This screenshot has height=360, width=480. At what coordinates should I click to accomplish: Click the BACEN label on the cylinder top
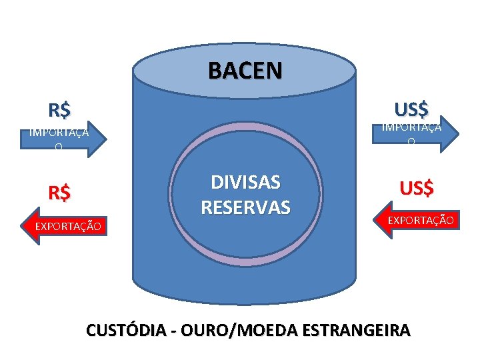pos(245,69)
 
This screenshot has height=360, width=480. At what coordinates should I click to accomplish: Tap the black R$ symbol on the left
pos(60,109)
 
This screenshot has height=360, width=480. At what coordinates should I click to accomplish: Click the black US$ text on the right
pos(411,107)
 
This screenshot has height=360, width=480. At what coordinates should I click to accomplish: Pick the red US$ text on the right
pos(417,189)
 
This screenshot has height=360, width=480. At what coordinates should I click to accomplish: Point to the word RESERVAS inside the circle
pos(245,207)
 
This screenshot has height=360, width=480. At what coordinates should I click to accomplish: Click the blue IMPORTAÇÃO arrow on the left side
pos(60,139)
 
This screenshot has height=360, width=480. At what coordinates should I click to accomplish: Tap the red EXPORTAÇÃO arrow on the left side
pos(64,227)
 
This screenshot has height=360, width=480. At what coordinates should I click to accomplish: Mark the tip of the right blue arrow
pos(458,132)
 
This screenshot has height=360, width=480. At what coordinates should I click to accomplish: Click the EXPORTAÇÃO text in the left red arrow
pos(69,227)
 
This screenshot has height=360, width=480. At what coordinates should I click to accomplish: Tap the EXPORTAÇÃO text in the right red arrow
pos(421,219)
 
